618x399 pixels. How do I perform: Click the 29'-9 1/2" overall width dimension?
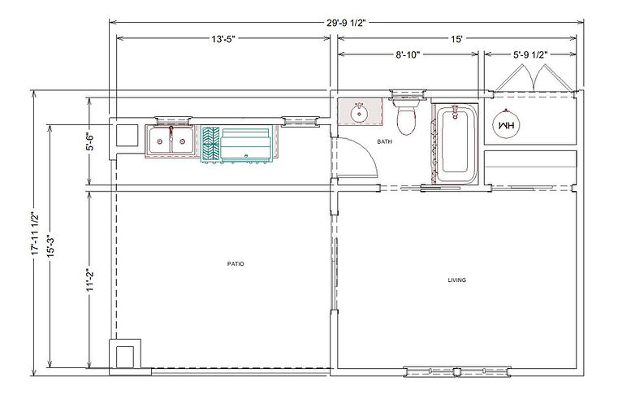point(346,23)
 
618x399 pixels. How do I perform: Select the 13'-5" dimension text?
point(223,39)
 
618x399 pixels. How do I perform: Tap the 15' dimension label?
point(456,39)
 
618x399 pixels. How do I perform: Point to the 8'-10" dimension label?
point(408,54)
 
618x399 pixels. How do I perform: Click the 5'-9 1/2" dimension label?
point(530,54)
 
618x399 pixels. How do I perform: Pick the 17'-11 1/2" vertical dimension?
point(36,233)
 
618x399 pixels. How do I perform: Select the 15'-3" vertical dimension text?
point(50,246)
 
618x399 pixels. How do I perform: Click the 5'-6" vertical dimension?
point(90,142)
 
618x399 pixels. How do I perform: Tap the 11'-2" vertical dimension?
point(90,280)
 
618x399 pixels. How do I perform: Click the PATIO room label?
point(236,264)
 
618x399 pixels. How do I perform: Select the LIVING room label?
point(456,280)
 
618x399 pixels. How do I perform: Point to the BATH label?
point(384,141)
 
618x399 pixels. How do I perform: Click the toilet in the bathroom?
point(406,116)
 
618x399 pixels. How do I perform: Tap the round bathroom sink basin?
point(359,114)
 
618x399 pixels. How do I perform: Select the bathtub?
point(455,144)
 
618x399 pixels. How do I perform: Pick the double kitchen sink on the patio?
point(171,141)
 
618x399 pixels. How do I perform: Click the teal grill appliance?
point(237,144)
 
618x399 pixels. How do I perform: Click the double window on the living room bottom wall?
point(456,372)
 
